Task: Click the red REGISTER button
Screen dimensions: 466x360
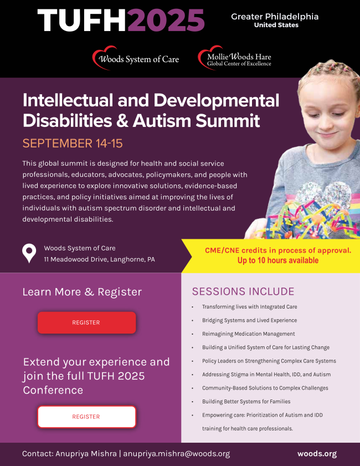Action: click(x=86, y=322)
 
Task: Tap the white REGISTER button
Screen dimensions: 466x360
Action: click(x=86, y=417)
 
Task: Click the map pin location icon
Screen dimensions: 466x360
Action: click(x=29, y=253)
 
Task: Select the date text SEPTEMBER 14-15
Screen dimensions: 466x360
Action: click(x=73, y=144)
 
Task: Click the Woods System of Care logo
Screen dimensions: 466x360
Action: click(x=136, y=59)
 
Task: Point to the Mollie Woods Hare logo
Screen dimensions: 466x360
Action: click(x=235, y=59)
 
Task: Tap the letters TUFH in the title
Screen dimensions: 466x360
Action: click(x=83, y=21)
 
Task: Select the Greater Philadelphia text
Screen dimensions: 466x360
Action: click(x=275, y=17)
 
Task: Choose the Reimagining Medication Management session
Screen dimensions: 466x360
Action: click(x=248, y=334)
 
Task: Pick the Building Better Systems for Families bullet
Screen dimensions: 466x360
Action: click(x=246, y=401)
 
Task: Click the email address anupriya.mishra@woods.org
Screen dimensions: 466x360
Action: click(x=176, y=454)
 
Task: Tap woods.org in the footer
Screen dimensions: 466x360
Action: click(x=317, y=454)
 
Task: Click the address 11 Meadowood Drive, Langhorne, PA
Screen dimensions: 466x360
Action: click(x=99, y=259)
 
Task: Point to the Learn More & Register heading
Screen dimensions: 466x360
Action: click(x=82, y=292)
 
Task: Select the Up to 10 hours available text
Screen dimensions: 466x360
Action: click(x=278, y=260)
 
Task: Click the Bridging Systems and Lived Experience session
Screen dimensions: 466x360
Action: click(x=249, y=320)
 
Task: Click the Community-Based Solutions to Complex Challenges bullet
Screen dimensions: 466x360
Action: click(x=265, y=388)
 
